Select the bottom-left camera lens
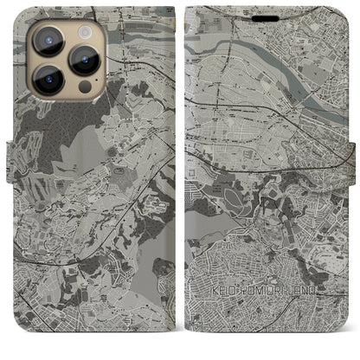pyautogui.click(x=48, y=79)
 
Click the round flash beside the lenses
pyautogui.click(x=84, y=31)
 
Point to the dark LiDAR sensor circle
pyautogui.click(x=85, y=87)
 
